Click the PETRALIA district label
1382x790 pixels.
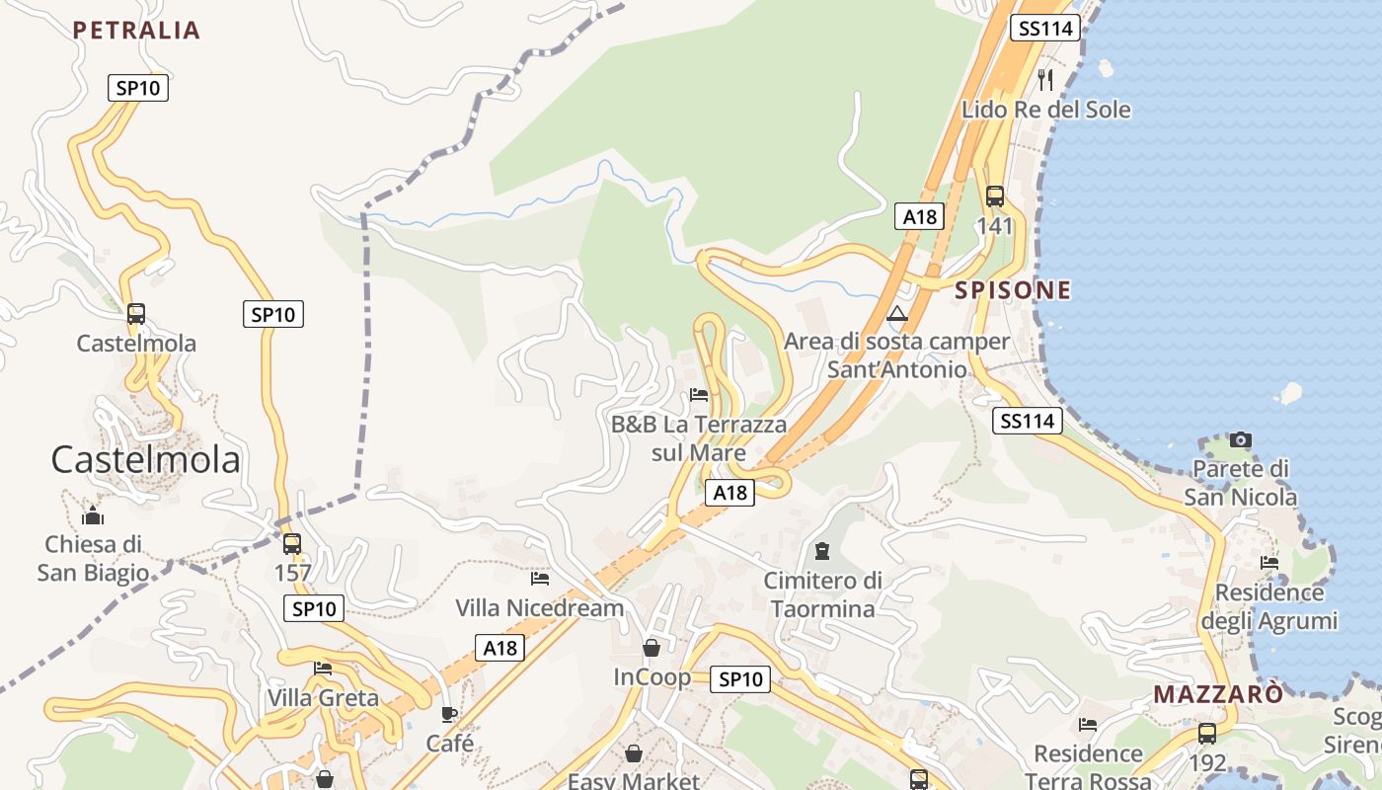136,31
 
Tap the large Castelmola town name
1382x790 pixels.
145,460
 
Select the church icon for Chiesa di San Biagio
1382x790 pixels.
93,515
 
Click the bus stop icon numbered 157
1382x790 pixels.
292,544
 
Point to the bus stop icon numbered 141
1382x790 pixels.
995,197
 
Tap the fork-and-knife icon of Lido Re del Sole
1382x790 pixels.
1046,79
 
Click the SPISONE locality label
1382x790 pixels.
999,290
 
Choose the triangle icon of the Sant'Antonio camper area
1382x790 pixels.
896,315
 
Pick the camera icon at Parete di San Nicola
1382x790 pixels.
1241,439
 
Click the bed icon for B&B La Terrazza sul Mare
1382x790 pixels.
699,395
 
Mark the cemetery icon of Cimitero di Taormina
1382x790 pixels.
822,550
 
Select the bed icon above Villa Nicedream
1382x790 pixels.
540,578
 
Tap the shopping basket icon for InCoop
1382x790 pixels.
652,648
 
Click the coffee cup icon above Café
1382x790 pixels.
449,714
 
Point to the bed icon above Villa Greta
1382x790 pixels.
323,669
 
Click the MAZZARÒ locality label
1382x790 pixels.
1218,694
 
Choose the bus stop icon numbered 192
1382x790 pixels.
1206,734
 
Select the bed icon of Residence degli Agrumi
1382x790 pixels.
1269,563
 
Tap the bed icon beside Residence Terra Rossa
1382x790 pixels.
1088,725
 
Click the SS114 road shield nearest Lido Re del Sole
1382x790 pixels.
1043,29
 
